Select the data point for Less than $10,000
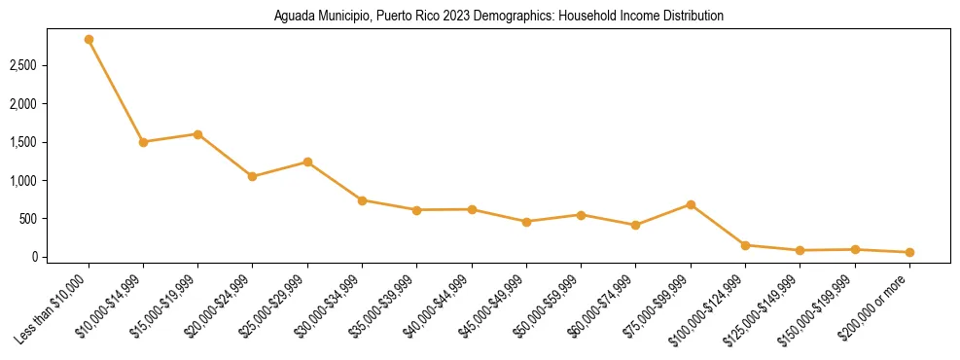(x=89, y=40)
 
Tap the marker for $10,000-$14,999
(x=143, y=142)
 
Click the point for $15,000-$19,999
(x=197, y=134)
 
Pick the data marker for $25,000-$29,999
(x=307, y=162)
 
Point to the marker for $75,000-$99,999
(x=691, y=204)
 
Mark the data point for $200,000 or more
(x=909, y=252)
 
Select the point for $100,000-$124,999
(x=745, y=245)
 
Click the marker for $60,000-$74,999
(x=636, y=225)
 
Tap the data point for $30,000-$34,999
(x=362, y=200)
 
